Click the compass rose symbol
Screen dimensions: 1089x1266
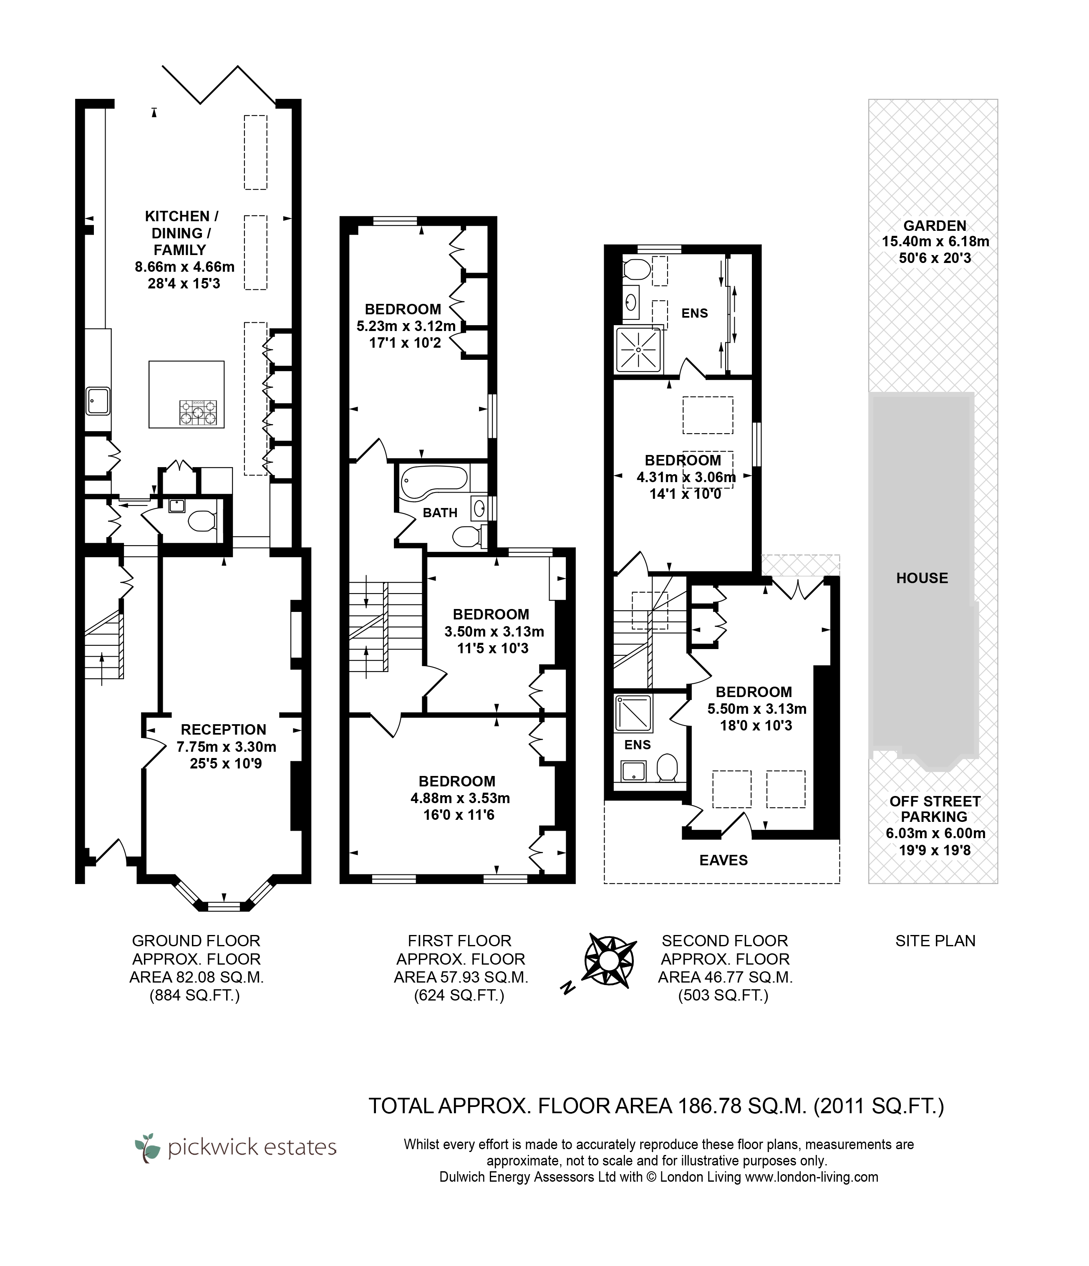(x=609, y=960)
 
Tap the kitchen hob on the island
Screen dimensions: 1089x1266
(x=198, y=412)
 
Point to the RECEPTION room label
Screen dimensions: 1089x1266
(x=224, y=730)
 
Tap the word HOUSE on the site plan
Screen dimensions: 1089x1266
(x=922, y=578)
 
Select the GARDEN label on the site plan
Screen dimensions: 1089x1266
(x=935, y=226)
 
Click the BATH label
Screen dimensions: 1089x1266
(x=440, y=513)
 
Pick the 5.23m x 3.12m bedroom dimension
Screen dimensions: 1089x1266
(x=406, y=326)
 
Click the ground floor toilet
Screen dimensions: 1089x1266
(x=202, y=521)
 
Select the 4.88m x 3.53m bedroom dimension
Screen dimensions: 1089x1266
(x=460, y=798)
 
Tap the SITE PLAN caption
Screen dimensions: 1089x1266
(x=935, y=941)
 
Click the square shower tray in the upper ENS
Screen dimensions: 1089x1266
(x=638, y=349)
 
